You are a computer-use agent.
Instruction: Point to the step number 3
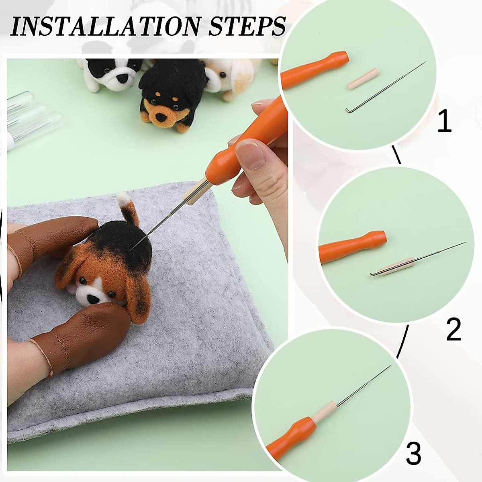pyautogui.click(x=413, y=453)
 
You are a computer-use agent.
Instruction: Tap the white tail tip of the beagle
pyautogui.click(x=123, y=198)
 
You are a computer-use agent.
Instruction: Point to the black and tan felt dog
pyautogui.click(x=169, y=94)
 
